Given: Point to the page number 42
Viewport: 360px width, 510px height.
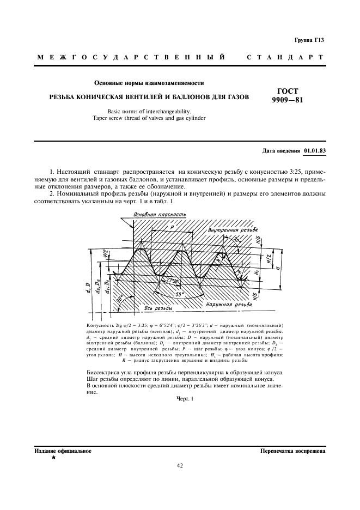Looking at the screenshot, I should (180, 465).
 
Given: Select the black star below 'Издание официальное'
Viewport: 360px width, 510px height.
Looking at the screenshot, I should (53, 458).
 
